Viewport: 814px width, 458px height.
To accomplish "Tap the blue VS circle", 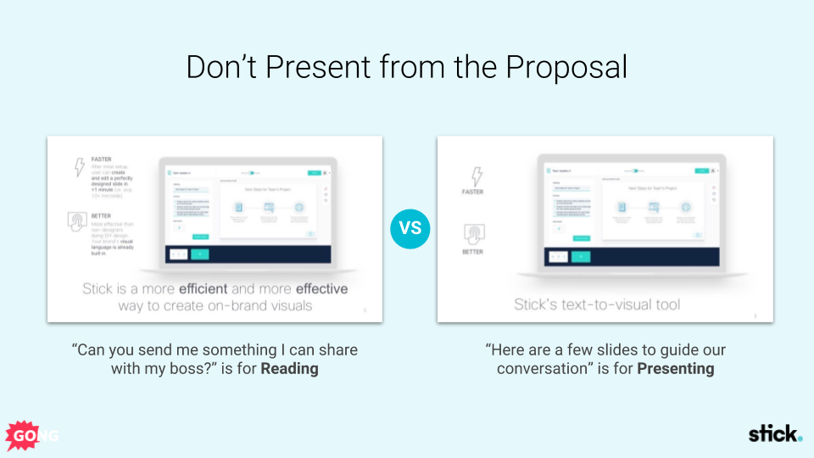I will tap(410, 228).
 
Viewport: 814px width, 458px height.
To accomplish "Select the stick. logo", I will tap(774, 434).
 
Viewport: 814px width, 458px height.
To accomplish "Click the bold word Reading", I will tap(289, 369).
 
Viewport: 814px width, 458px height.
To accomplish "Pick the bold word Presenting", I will tap(675, 369).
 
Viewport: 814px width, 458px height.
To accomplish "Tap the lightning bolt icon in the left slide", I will tap(80, 167).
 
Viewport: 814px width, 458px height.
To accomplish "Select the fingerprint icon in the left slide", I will tap(78, 221).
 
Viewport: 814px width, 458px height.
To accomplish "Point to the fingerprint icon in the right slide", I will tap(472, 233).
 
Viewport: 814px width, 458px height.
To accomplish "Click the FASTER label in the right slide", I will tap(472, 192).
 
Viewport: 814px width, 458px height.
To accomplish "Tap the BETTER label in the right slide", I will tap(472, 252).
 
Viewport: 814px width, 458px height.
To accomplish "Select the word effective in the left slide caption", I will tap(321, 289).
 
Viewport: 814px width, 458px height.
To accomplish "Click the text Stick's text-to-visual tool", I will tap(597, 304).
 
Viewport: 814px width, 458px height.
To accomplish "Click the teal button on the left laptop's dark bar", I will tap(199, 253).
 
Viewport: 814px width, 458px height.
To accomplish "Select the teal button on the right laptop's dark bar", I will tap(581, 256).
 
